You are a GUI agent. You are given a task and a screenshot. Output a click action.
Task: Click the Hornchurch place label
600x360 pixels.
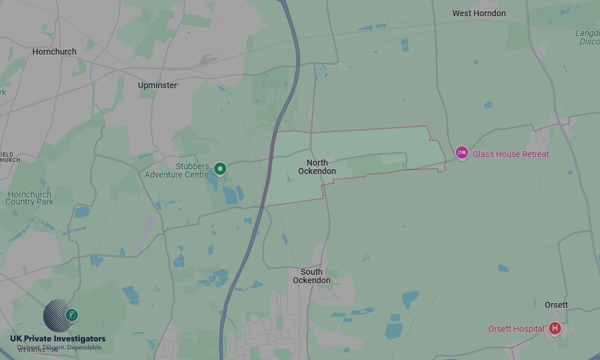54,52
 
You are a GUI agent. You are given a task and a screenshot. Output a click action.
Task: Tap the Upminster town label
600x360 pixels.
157,85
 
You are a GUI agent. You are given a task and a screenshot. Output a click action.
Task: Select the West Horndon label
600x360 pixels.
479,13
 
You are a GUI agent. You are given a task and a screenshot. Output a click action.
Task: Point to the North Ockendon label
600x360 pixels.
317,167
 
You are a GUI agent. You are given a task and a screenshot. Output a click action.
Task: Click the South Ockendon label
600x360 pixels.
311,276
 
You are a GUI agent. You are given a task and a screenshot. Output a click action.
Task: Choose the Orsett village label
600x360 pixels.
556,305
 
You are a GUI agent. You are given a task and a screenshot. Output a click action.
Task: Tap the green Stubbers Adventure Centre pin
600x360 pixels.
220,169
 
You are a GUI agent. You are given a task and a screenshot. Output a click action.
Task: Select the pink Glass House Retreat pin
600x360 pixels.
461,154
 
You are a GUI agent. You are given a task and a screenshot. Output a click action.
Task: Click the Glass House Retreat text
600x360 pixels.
511,154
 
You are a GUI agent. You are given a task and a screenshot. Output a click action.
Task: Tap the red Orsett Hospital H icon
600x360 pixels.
555,328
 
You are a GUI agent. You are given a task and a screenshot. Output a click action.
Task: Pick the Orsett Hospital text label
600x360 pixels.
516,329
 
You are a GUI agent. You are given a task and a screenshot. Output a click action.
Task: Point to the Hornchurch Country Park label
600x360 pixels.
30,198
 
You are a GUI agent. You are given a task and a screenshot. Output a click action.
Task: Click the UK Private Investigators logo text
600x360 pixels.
58,339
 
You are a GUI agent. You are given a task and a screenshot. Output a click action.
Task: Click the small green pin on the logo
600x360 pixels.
73,314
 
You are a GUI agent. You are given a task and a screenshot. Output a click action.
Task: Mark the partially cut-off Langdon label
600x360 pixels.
588,37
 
